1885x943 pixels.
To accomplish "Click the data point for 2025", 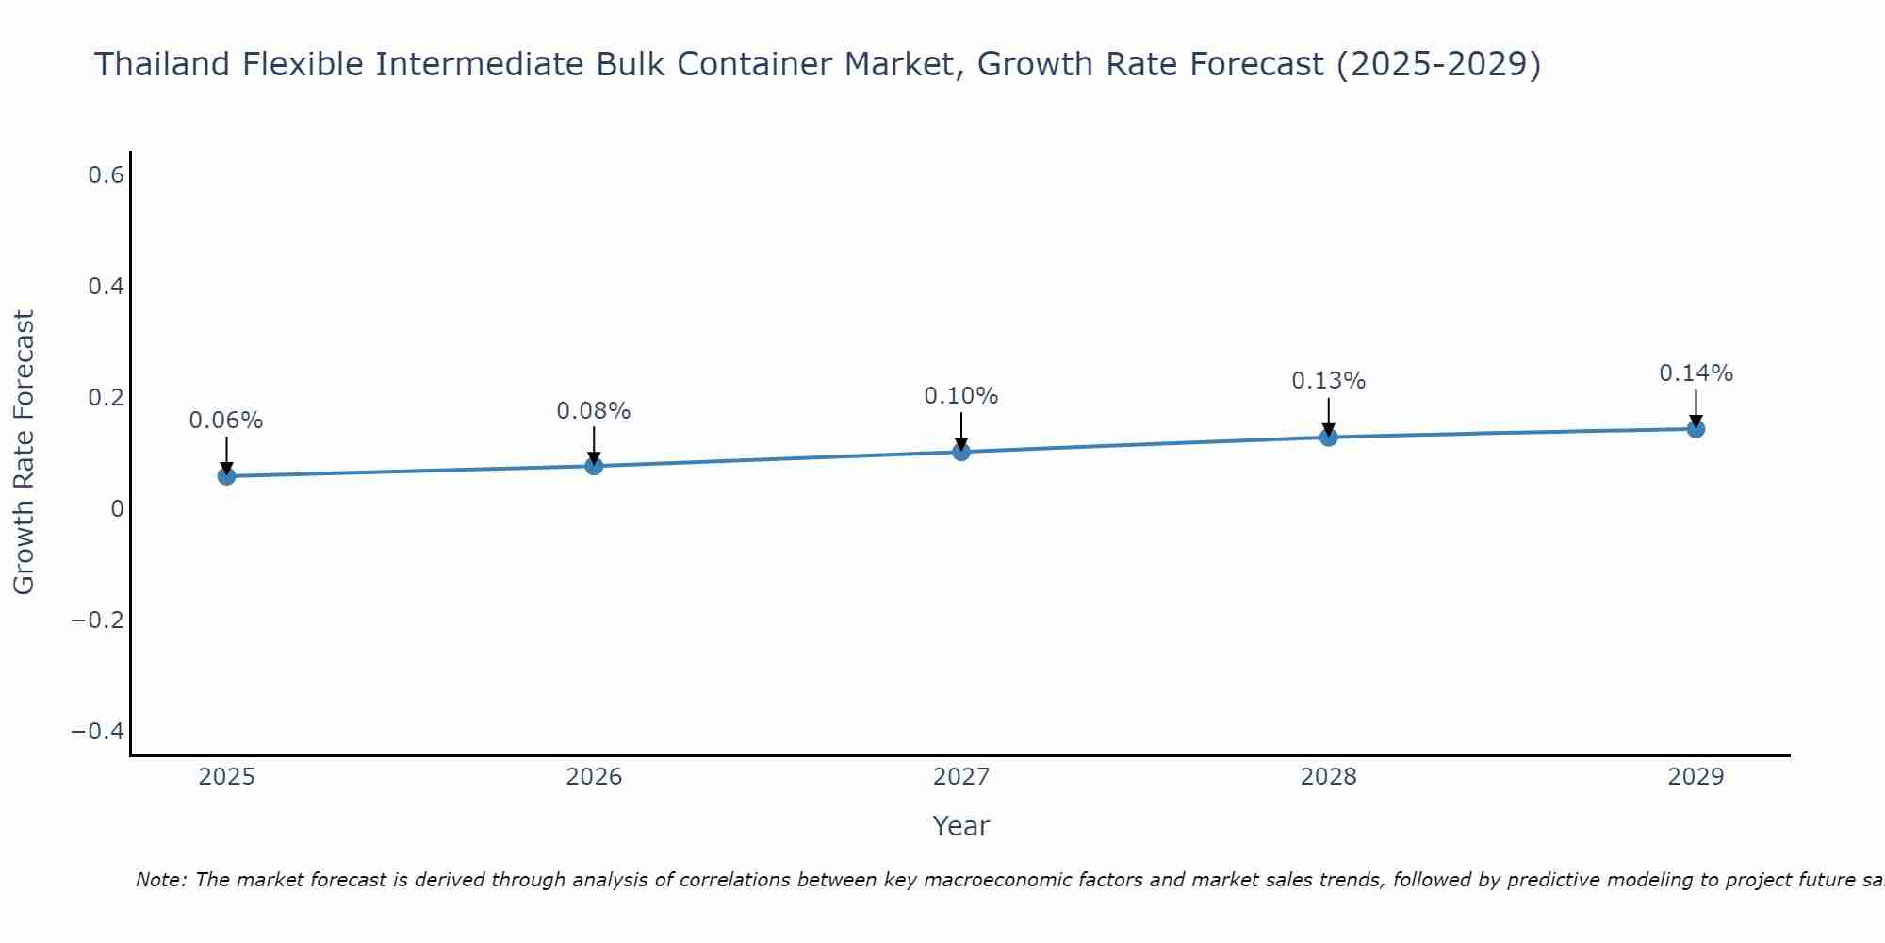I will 226,476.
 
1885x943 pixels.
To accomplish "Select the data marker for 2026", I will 594,466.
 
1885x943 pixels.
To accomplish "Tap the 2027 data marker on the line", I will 961,452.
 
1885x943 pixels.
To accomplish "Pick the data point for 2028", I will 1328,437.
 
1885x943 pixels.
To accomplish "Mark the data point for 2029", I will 1696,429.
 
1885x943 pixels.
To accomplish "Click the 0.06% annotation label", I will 226,421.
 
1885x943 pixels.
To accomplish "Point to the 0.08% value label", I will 594,411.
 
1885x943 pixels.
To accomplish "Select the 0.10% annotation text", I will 961,396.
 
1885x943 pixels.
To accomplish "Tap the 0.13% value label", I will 1328,381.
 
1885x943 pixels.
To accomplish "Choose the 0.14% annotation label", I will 1696,373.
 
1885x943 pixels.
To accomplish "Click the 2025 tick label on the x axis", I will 226,777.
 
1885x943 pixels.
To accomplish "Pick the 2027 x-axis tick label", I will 961,777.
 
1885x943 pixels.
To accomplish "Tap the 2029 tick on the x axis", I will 1696,777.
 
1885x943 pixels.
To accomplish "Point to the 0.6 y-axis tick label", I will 107,175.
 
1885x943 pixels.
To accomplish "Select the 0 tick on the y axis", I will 118,509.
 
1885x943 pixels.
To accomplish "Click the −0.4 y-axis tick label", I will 98,732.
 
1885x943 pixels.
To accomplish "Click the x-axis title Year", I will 961,826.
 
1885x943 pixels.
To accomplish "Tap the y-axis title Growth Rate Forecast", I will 25,453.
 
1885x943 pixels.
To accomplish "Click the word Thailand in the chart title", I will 162,64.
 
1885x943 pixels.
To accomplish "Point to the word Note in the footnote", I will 160,881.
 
